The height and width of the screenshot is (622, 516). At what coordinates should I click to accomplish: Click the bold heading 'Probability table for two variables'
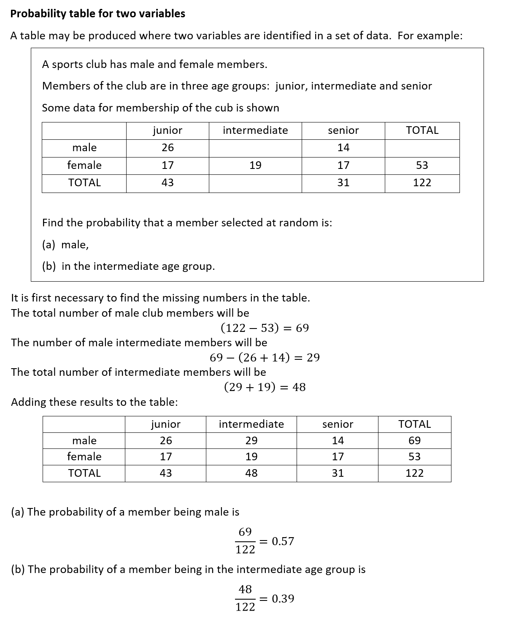point(97,14)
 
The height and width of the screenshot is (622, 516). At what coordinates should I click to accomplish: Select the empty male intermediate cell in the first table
point(255,148)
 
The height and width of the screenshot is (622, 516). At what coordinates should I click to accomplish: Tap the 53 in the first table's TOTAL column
point(422,166)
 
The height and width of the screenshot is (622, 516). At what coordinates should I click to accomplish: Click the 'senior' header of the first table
point(343,130)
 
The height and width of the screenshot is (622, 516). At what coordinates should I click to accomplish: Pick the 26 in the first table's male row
point(167,148)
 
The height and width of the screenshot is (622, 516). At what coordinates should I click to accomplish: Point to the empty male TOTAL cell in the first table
point(422,148)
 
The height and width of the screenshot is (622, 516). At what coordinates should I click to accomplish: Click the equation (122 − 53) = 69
point(265,328)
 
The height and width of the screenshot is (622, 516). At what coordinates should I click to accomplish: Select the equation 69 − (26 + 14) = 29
point(265,358)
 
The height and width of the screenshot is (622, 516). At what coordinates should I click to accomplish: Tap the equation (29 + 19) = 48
point(265,387)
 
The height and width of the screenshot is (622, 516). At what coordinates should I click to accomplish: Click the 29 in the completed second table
point(251,441)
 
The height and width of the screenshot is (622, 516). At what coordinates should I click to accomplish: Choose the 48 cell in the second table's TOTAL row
point(251,473)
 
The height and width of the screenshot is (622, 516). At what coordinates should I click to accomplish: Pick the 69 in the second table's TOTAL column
point(414,441)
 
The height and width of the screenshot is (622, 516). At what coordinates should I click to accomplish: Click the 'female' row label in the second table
point(84,457)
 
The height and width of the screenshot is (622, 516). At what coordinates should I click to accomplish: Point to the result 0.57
point(283,541)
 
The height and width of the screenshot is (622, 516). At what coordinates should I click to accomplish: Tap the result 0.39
point(283,599)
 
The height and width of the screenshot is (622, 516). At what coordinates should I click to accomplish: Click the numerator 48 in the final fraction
point(245,589)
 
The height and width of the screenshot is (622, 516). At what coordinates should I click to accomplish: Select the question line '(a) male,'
point(65,245)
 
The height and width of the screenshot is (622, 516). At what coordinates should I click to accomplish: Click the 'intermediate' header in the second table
point(251,424)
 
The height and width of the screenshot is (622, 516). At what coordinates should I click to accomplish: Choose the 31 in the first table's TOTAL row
point(343,183)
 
